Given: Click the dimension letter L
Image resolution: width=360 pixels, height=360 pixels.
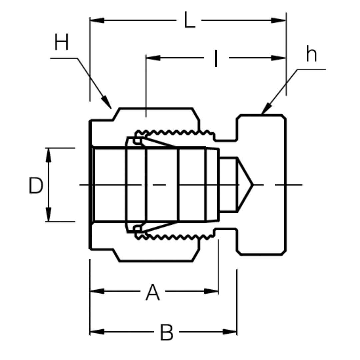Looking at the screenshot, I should tap(189, 21).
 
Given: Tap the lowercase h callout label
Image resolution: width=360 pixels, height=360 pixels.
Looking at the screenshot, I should tap(311, 55).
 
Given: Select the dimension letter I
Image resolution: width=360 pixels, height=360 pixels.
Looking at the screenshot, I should tap(216, 58).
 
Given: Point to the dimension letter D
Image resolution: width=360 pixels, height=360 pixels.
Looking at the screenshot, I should tap(36, 186).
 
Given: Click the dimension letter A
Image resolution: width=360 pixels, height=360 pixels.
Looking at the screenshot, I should tap(153, 292).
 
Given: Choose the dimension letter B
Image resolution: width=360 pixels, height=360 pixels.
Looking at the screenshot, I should tap(167, 333).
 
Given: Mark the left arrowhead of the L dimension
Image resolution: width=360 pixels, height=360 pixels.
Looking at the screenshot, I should tap(97, 20).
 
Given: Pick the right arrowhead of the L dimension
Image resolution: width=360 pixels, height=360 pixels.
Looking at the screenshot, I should tap(279, 20).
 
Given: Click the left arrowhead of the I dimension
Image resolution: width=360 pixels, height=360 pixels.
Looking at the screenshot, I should tap(153, 58).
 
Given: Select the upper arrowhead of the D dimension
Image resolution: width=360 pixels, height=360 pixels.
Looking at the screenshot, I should tap(49, 155).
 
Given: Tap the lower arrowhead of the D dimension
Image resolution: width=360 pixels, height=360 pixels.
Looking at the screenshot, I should tap(49, 214).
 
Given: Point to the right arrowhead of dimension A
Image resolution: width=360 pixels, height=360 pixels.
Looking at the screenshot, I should tap(211, 291).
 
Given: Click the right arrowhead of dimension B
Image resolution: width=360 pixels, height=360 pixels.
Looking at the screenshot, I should tap(230, 332).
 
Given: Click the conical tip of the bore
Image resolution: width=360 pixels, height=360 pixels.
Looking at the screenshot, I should tap(252, 185).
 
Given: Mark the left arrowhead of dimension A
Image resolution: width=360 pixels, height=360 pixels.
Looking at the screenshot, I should tap(97, 291).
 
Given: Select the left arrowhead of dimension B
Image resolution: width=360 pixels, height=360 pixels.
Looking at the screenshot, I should tap(97, 332).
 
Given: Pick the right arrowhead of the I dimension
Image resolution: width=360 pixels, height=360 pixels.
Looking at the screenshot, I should tap(279, 58).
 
